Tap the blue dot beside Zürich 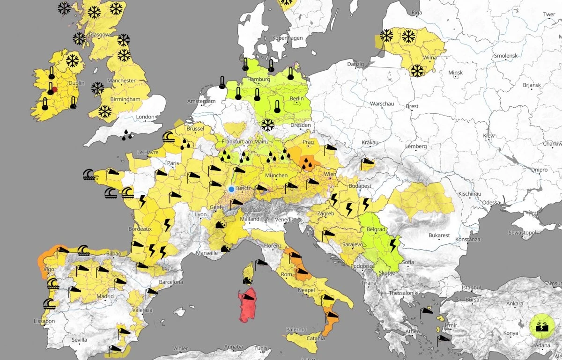point(231,189)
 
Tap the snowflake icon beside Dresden point(267,125)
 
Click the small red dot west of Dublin point(55,89)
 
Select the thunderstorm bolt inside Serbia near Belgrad point(392,245)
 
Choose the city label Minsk point(455,73)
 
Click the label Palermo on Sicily point(296,330)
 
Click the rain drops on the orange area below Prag point(307,163)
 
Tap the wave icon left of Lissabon point(49,305)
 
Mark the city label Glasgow point(99,35)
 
